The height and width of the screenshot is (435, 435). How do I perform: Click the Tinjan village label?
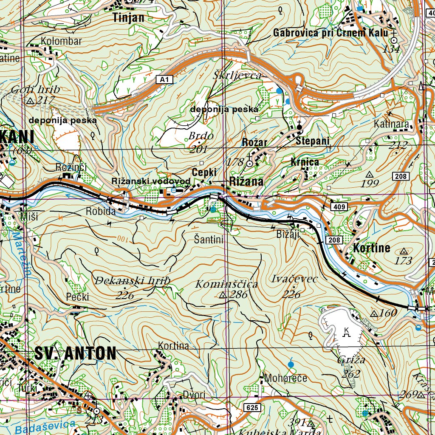click(128, 17)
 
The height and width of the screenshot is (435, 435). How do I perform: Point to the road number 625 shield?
click(251, 408)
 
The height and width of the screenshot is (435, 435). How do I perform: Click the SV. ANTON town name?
click(75, 353)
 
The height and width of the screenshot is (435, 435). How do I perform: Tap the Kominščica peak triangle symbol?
click(223, 295)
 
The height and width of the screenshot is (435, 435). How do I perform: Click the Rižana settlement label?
click(246, 181)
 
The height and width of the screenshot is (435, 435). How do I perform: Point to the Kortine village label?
click(371, 249)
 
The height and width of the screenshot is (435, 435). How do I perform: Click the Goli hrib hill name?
click(36, 90)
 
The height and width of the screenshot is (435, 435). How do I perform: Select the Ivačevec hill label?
click(294, 279)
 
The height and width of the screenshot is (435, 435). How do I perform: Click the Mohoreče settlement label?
click(285, 378)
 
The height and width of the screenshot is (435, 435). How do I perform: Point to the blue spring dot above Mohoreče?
click(291, 364)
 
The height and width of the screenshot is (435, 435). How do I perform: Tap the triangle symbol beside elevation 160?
click(374, 314)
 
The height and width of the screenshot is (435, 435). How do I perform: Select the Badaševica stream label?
click(44, 426)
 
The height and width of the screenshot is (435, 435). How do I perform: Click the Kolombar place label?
click(61, 41)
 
